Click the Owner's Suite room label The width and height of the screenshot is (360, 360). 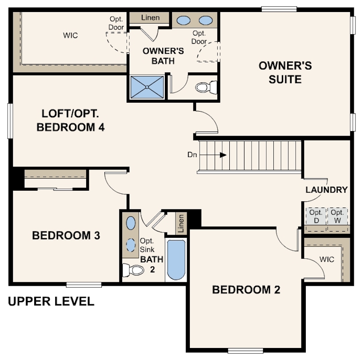(x=285, y=72)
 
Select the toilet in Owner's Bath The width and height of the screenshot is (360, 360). (x=206, y=87)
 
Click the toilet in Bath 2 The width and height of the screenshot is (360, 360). (x=133, y=270)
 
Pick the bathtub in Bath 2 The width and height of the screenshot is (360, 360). (x=176, y=260)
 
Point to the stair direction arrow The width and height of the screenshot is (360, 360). (x=213, y=155)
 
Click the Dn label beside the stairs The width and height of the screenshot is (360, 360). (x=192, y=155)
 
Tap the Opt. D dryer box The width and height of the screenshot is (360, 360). (x=316, y=216)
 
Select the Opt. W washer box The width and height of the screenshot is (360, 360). (x=337, y=216)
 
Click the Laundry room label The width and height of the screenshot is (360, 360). (x=327, y=190)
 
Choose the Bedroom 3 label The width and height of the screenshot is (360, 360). (x=66, y=236)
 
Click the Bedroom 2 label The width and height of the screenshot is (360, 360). (x=246, y=290)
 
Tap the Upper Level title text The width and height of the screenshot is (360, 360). (x=51, y=301)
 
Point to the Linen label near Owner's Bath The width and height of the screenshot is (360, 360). (x=150, y=18)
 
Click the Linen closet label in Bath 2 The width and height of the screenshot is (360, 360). (x=181, y=224)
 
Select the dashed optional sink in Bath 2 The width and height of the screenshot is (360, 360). (x=131, y=245)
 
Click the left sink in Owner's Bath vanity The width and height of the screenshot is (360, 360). (x=184, y=20)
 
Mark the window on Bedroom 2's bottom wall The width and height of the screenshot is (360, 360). (x=245, y=351)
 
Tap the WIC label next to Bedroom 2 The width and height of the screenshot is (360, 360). (x=327, y=260)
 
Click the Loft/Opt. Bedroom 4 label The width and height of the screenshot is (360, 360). (x=71, y=120)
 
